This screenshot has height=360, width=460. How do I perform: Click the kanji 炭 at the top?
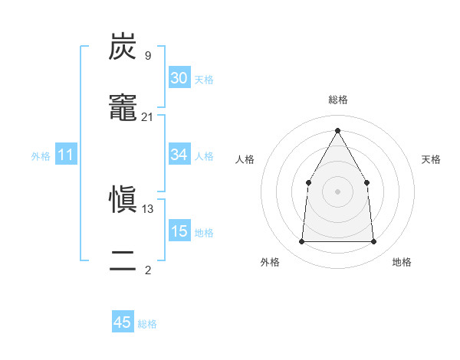[x=123, y=47]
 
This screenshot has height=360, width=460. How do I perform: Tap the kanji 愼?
[x=123, y=201]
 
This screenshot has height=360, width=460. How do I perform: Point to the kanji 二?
[x=123, y=262]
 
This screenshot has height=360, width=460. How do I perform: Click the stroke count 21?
[x=148, y=117]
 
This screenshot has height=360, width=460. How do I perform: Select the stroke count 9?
[x=147, y=56]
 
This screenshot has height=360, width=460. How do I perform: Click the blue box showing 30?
[x=179, y=78]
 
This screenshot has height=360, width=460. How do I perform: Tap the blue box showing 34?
[x=179, y=155]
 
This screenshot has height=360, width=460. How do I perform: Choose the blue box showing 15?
[x=179, y=231]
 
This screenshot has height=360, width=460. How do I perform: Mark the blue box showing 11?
[x=66, y=155]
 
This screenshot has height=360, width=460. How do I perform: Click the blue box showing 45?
[x=123, y=322]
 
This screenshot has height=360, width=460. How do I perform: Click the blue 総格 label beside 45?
[x=147, y=324]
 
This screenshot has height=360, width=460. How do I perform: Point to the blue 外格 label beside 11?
[x=41, y=156]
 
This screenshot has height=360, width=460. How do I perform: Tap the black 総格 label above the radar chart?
[x=337, y=100]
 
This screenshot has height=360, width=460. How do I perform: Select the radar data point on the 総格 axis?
[x=337, y=131]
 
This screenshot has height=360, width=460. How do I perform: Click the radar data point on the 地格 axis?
[x=373, y=242]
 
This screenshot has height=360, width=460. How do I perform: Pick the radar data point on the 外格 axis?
[x=301, y=242]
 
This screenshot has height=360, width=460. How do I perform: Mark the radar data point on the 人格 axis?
[x=308, y=182]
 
